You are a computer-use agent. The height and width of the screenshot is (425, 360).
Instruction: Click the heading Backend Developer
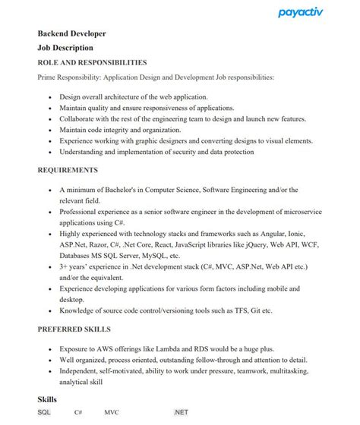click(x=72, y=34)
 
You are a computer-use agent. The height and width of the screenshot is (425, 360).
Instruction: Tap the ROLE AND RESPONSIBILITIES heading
click(x=92, y=62)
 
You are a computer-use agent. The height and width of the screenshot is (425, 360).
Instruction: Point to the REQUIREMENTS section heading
click(x=68, y=170)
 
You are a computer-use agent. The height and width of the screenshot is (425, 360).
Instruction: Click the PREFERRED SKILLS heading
click(x=74, y=329)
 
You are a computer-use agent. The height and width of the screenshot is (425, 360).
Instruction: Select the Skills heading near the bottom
click(x=47, y=399)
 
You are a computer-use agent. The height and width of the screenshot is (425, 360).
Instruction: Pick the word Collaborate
click(x=79, y=118)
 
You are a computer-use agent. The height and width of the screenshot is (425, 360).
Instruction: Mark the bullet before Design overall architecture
click(x=50, y=97)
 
